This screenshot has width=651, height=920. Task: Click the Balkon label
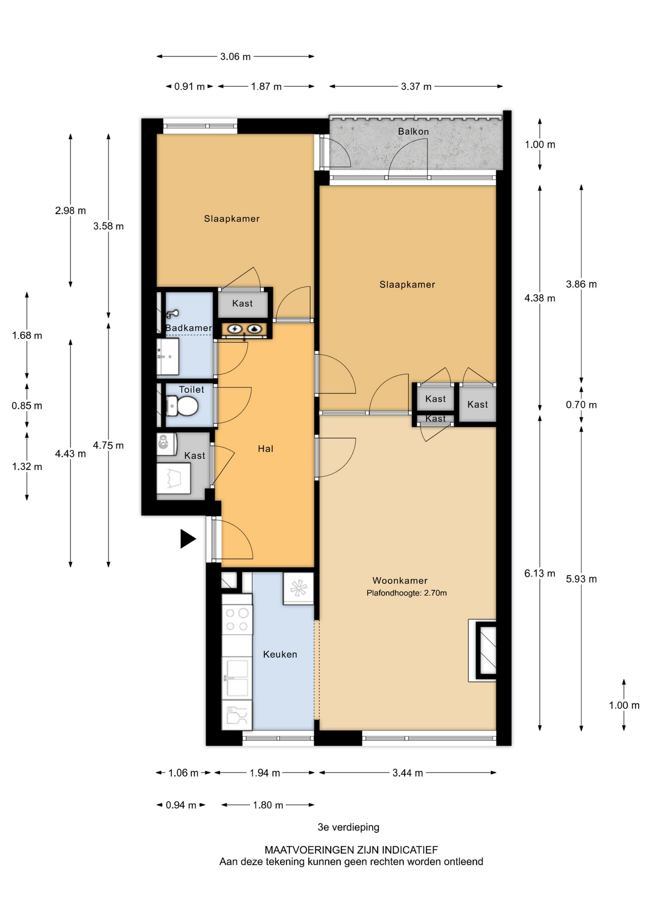413,131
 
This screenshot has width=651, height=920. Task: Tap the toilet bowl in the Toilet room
182,407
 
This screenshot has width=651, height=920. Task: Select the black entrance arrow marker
188,539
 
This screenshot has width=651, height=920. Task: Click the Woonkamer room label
400,581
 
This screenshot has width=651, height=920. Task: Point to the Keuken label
280,655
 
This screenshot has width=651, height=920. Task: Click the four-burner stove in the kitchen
237,619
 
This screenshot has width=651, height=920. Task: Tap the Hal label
266,449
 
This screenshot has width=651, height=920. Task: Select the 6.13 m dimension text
540,574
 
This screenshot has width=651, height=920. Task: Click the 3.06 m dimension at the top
235,57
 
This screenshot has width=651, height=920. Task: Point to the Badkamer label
188,328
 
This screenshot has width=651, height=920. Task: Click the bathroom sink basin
168,356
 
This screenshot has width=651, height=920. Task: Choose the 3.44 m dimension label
407,773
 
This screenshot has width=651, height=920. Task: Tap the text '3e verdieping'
349,828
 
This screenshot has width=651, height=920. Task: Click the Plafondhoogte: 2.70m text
407,593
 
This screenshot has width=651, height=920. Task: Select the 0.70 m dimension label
581,405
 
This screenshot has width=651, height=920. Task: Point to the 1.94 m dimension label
265,773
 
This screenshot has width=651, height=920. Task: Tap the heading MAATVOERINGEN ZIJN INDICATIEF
351,850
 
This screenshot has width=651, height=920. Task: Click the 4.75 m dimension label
108,446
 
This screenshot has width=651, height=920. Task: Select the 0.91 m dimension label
189,87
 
